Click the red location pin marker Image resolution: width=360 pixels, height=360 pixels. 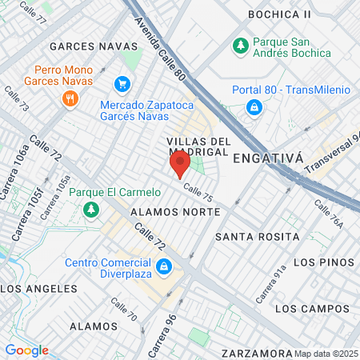tap(180, 165)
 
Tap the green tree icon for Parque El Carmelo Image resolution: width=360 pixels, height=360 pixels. tap(90, 210)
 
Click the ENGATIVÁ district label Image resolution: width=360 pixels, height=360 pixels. tap(268, 158)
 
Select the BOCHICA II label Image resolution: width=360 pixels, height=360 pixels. tap(279, 14)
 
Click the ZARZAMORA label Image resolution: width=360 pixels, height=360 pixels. tap(258, 353)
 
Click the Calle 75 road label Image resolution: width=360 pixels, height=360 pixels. tap(197, 192)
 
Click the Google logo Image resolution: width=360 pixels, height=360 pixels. tap(26, 350)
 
